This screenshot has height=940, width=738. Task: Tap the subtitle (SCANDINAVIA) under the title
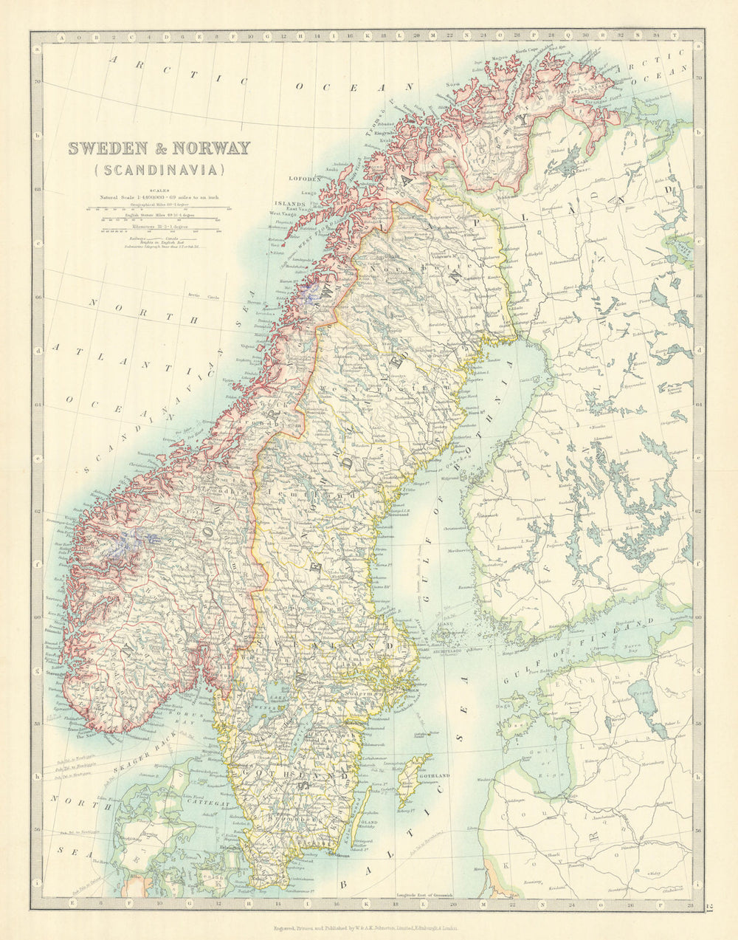(x=159, y=170)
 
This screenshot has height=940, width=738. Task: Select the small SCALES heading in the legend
(x=159, y=190)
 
